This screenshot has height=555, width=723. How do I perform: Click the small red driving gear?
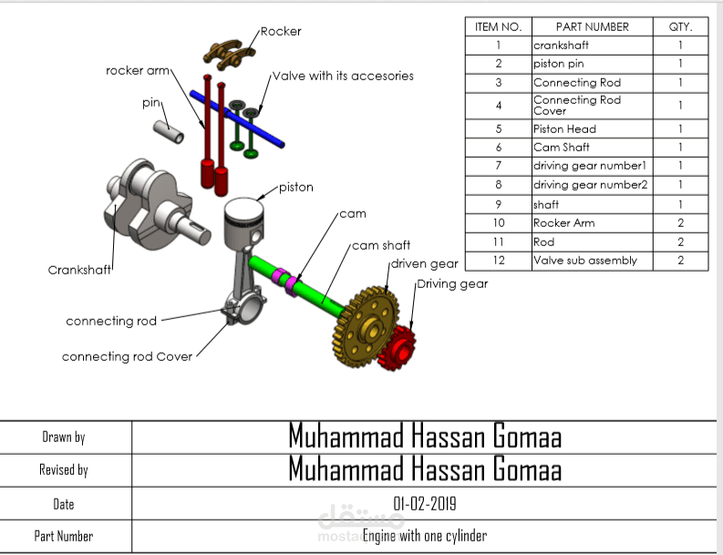pos(398,348)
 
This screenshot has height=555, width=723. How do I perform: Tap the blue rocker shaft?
pos(237,118)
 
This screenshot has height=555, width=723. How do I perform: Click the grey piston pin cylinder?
pos(169,132)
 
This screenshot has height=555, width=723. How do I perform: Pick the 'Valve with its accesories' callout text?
pos(343,76)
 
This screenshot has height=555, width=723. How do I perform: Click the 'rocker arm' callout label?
pos(138,70)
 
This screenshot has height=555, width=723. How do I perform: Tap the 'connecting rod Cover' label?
pos(127,357)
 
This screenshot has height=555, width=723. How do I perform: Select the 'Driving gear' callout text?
pos(452,284)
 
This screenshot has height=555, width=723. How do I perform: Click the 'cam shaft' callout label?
pos(381,246)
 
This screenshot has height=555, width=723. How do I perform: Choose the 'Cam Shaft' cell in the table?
pos(561,148)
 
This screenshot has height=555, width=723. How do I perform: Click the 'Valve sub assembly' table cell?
pos(584,261)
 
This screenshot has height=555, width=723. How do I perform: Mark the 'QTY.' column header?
pos(680,27)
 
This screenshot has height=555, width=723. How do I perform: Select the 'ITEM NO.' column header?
pos(498,27)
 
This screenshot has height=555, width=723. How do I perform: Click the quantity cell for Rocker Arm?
pos(680,223)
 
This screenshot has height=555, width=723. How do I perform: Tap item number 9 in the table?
pos(499,204)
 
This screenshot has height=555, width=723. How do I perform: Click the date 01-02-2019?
pos(425,504)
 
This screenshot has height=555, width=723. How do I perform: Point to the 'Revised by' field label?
pos(64,470)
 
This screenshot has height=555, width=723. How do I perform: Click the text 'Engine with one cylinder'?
pos(425,536)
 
